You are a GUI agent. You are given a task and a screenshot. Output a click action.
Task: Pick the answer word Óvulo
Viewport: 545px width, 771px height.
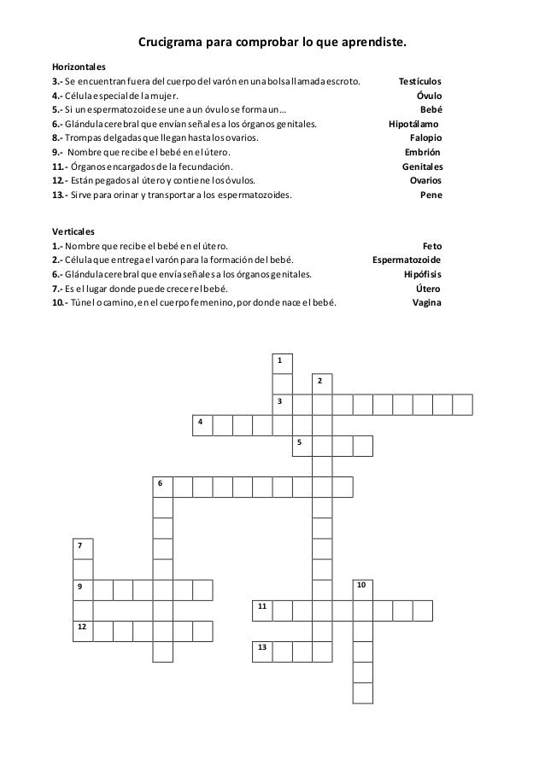click(x=429, y=96)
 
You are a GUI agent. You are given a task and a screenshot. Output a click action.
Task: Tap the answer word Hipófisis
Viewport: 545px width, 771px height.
click(x=423, y=274)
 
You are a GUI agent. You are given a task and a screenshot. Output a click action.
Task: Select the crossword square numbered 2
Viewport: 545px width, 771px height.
click(x=322, y=383)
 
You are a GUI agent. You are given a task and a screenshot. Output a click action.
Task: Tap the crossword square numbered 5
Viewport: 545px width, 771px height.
click(x=302, y=446)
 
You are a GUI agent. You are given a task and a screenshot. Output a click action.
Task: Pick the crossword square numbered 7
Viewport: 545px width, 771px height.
click(x=82, y=548)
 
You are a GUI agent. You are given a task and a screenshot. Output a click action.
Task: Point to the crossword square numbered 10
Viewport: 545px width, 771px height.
click(x=363, y=589)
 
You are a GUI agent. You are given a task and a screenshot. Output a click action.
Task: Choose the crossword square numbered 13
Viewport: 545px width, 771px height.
click(x=262, y=651)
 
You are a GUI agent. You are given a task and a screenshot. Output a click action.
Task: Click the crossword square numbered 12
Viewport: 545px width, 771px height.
click(x=82, y=631)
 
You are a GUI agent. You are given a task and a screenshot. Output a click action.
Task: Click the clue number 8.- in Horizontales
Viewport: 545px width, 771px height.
click(x=57, y=137)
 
